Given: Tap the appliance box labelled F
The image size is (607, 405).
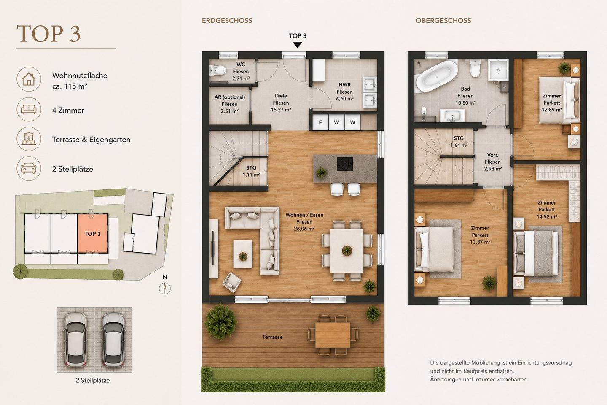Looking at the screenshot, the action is (x=320, y=122).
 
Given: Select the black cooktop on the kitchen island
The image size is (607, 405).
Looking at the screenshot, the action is (x=345, y=164).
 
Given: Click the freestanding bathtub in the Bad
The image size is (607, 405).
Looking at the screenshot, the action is (x=437, y=76).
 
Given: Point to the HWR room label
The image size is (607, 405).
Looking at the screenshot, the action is (x=345, y=85).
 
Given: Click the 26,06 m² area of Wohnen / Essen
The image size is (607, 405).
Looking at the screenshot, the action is (x=304, y=229).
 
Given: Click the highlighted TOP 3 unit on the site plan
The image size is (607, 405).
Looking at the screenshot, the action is (x=93, y=234).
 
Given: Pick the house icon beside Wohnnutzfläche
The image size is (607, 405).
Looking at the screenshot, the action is (x=29, y=79).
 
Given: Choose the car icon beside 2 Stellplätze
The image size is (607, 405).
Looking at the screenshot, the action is (x=29, y=168).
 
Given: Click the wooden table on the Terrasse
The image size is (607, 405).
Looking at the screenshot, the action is (x=333, y=335).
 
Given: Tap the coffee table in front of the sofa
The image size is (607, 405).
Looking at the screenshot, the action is (x=243, y=254).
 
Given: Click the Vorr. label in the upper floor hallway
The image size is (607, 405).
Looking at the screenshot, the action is (x=493, y=155).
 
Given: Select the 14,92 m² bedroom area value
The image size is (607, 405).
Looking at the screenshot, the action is (x=547, y=216).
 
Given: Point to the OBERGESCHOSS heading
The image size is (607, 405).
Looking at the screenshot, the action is (x=443, y=21).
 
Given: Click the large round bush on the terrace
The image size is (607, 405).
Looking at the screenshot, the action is (x=220, y=321).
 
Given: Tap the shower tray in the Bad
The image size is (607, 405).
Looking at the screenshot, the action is (x=498, y=70).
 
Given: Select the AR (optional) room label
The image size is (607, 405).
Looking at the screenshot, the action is (x=229, y=97).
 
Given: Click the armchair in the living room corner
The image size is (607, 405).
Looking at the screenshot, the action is (x=232, y=282).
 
